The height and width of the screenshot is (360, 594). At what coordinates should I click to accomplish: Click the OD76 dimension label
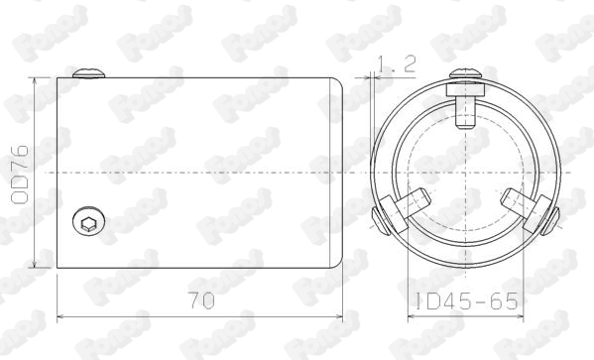[x=20, y=175]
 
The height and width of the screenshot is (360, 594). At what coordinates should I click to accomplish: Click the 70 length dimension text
[x=201, y=300]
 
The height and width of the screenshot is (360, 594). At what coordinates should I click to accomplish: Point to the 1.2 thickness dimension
[x=397, y=64]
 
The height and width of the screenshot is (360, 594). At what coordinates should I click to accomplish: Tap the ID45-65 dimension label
[x=466, y=301]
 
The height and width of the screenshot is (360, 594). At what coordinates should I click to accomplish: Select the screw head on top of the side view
[x=88, y=73]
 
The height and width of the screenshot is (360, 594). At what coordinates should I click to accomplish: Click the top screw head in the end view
[x=465, y=74]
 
